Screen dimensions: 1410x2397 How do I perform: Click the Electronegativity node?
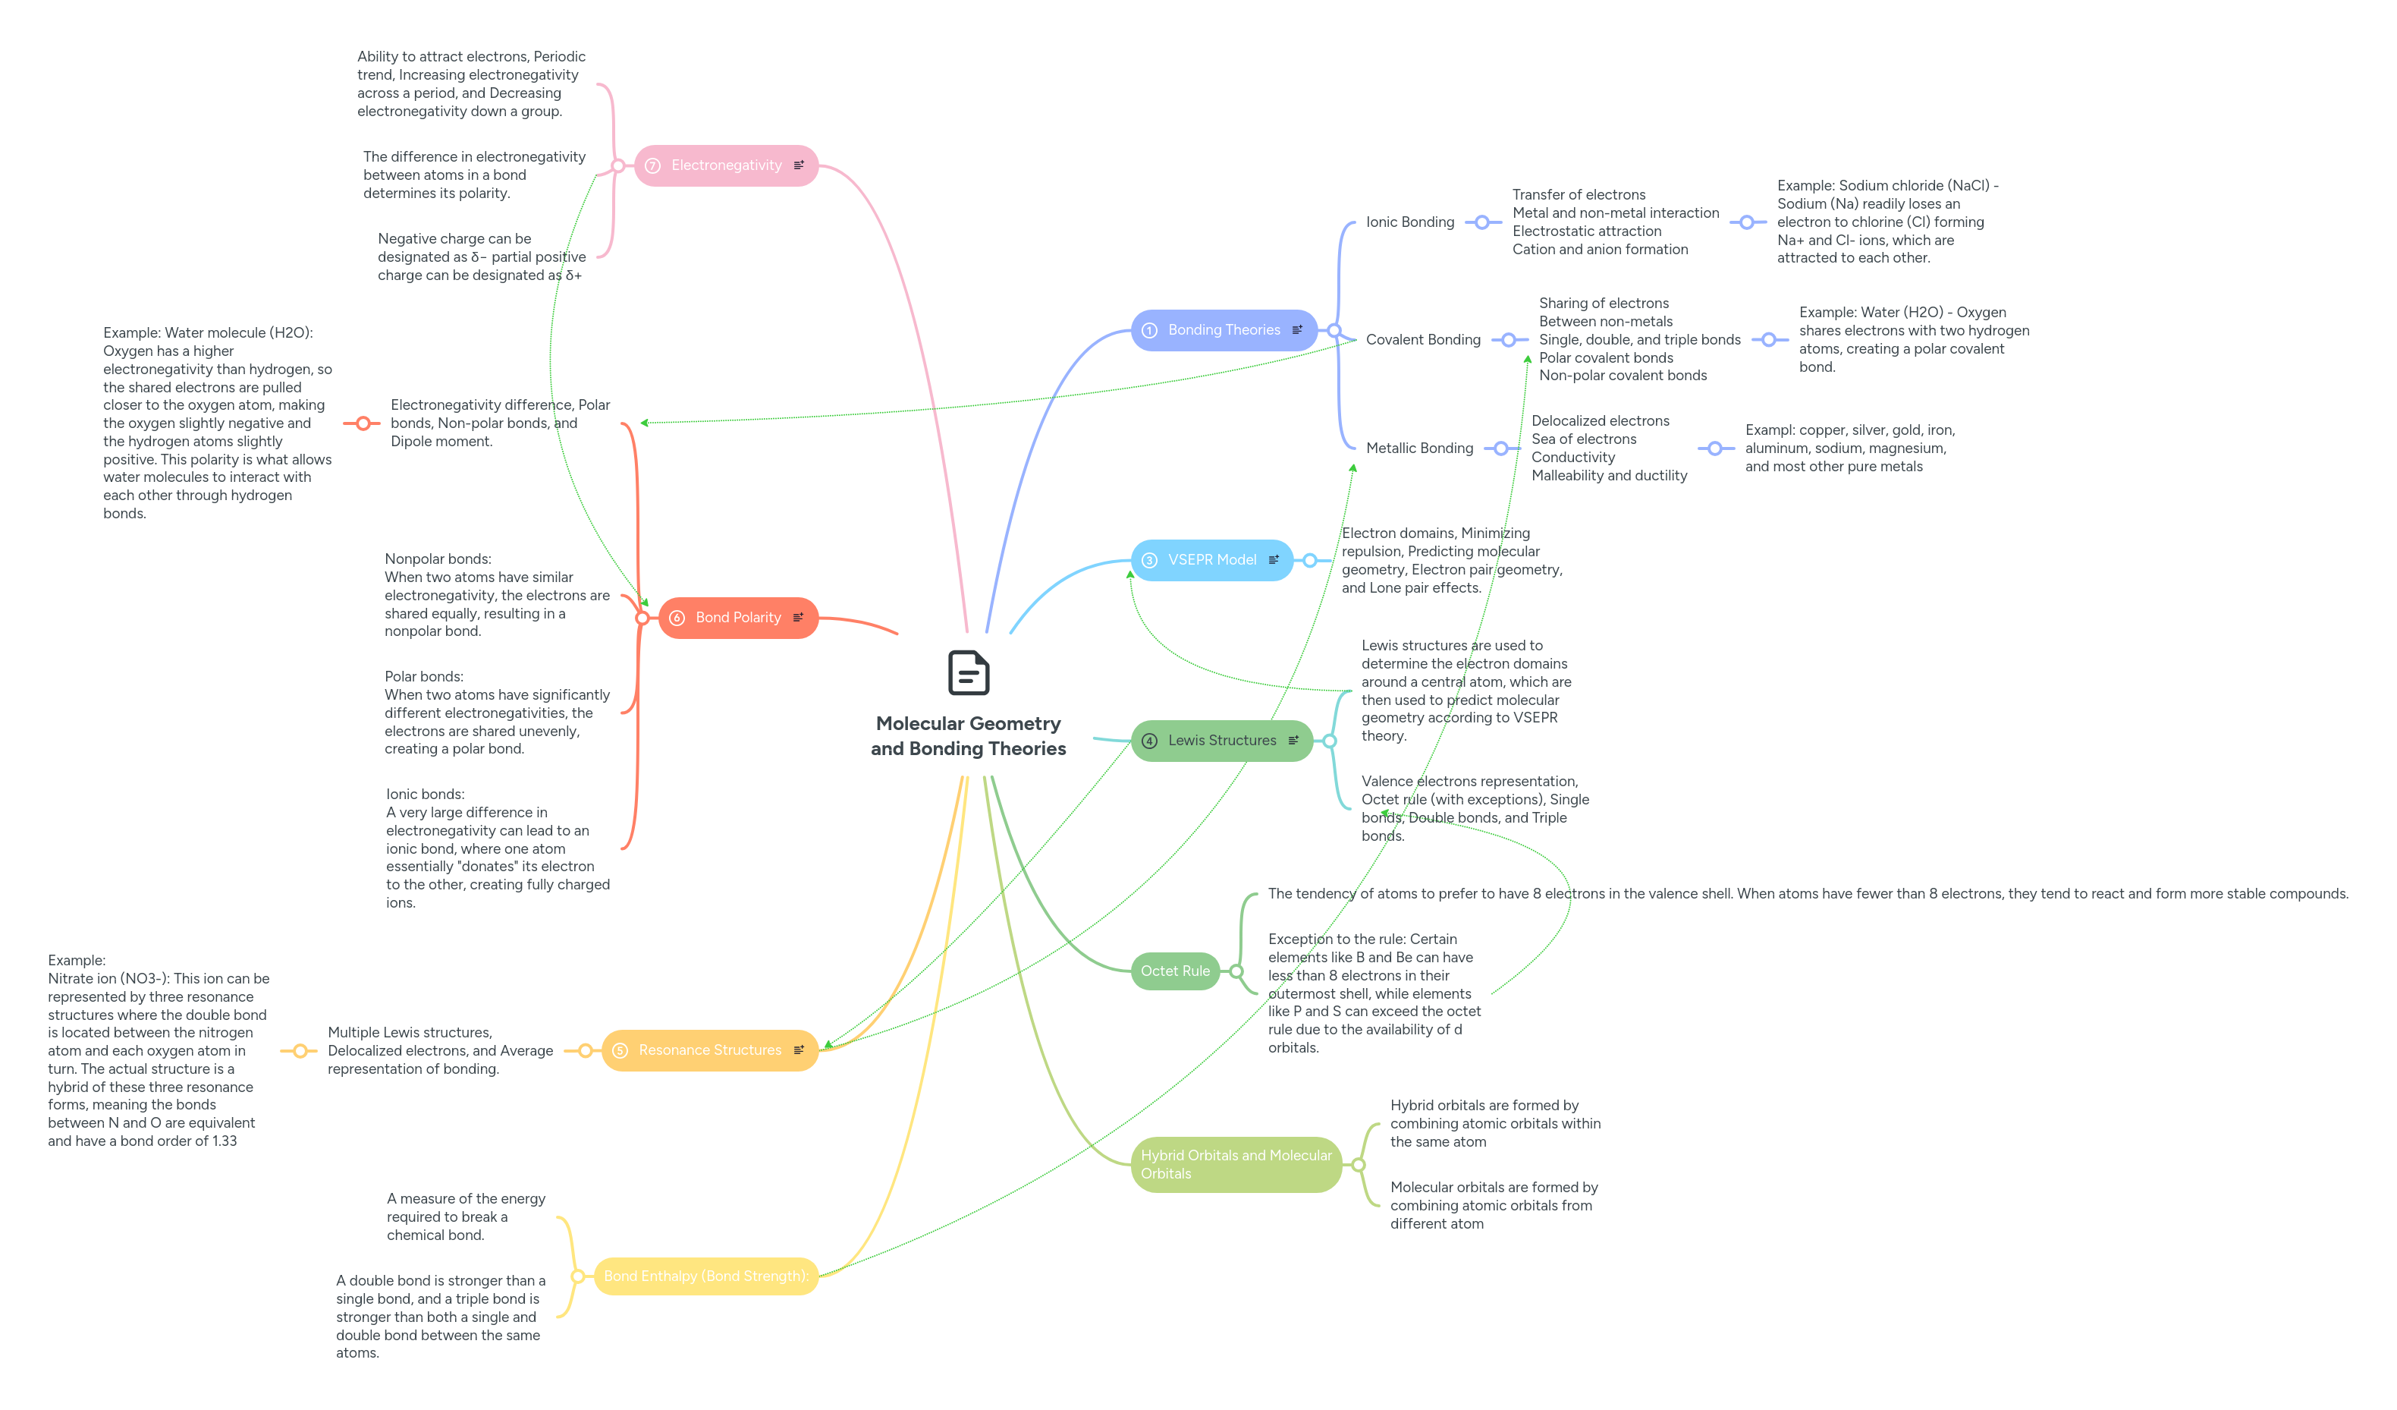point(726,165)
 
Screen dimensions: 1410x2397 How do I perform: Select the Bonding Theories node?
point(1224,330)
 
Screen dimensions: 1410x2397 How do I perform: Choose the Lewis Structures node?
point(1221,741)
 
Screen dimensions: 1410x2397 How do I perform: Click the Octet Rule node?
point(1175,971)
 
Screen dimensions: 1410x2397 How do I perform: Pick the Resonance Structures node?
point(709,1050)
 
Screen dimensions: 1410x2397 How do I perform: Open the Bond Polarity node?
point(737,618)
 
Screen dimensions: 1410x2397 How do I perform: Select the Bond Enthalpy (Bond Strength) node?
point(705,1276)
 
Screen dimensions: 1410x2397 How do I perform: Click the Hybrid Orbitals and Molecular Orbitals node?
point(1236,1165)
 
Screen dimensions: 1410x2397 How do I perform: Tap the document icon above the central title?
point(969,674)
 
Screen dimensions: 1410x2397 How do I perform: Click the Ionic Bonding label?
point(1409,222)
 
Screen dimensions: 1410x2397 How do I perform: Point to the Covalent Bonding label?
point(1423,341)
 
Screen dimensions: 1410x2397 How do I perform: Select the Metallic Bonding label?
point(1419,448)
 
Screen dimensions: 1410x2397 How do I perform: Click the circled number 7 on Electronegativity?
point(652,166)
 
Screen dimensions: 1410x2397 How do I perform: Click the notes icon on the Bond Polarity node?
point(798,618)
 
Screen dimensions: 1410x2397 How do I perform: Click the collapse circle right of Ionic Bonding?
point(1482,222)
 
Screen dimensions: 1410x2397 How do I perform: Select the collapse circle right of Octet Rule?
point(1236,971)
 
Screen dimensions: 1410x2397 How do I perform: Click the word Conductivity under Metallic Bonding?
point(1573,458)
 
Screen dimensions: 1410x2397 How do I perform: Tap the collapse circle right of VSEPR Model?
point(1310,560)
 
